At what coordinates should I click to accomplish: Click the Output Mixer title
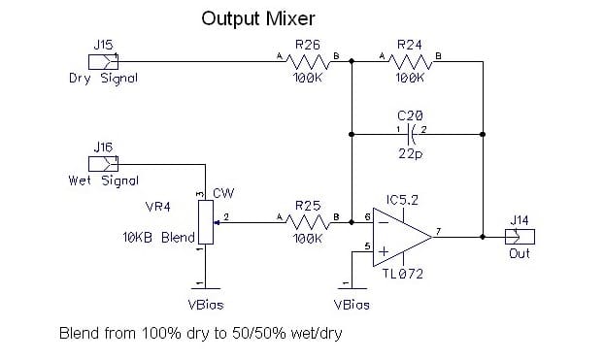click(258, 18)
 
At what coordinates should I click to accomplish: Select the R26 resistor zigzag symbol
click(308, 61)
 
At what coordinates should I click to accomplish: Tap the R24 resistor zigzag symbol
click(410, 61)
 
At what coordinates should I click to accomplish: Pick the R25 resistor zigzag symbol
click(308, 222)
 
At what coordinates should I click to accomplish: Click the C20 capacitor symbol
click(411, 134)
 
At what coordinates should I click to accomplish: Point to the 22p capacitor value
click(410, 154)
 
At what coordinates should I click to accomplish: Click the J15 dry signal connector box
click(103, 61)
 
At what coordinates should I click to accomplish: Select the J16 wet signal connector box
click(103, 164)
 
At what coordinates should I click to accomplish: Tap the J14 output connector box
click(520, 237)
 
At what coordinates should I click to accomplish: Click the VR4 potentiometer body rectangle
click(206, 222)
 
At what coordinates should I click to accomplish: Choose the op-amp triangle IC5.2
click(402, 237)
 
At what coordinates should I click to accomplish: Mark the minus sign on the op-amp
click(384, 222)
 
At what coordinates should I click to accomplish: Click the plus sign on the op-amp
click(384, 251)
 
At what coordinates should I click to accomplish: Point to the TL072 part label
click(403, 274)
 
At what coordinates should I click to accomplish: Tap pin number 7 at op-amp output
click(438, 231)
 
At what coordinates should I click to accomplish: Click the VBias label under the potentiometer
click(206, 305)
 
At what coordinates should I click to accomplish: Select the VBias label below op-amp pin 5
click(352, 305)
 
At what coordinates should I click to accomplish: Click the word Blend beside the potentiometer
click(178, 237)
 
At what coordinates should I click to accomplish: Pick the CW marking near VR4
click(223, 193)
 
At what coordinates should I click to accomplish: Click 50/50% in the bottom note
click(259, 334)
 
